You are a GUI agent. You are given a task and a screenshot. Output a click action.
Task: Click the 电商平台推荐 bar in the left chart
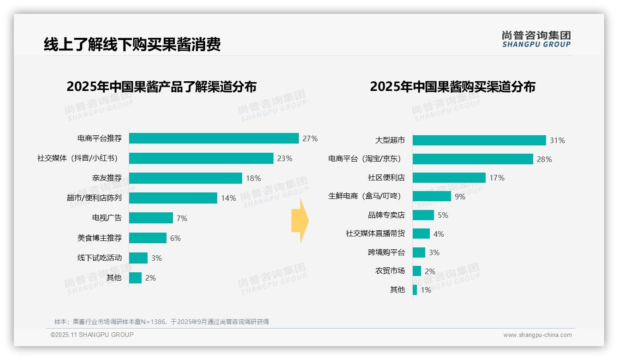[x=214, y=138]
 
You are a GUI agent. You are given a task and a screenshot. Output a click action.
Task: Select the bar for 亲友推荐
[x=185, y=178]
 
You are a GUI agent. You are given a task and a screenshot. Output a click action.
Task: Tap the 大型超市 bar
[x=479, y=140]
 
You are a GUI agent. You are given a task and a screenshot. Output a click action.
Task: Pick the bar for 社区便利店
[x=449, y=178]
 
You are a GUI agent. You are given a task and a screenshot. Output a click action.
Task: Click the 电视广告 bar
[x=151, y=218]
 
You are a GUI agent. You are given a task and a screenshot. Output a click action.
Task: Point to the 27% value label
[x=310, y=138]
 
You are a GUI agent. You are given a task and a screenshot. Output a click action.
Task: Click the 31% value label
[x=557, y=140]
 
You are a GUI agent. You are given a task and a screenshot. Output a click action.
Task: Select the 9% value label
[x=460, y=197]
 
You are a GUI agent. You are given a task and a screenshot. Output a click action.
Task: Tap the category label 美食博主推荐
[x=100, y=238]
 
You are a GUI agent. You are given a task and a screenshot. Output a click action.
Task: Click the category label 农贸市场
[x=390, y=271]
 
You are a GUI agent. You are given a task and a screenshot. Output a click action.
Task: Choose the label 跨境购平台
[x=386, y=252]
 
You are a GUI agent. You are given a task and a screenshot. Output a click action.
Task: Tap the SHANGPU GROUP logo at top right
[x=536, y=39]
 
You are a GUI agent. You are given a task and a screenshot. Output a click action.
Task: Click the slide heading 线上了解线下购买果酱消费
[x=132, y=44]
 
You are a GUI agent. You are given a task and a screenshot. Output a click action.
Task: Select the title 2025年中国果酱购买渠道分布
[x=452, y=87]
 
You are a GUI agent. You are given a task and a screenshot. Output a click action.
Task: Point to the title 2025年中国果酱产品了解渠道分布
[x=161, y=87]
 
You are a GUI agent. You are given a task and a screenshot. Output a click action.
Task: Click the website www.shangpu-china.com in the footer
[x=537, y=335]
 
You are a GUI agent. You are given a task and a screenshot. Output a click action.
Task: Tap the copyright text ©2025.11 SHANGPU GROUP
[x=92, y=335]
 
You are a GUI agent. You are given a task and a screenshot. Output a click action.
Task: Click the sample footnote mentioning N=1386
[x=161, y=322]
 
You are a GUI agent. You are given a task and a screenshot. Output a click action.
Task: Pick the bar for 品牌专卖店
[x=423, y=215]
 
